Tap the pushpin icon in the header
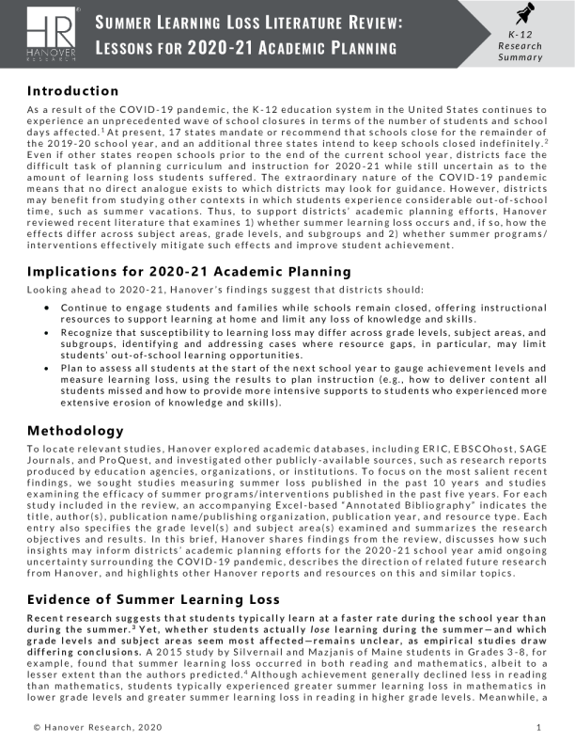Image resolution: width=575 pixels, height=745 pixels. pos(520,16)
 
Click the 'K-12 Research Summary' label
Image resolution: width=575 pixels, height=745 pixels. pos(520,45)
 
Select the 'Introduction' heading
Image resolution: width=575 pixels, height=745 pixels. pos(72,91)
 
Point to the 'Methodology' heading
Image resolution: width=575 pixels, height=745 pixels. pos(74,430)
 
